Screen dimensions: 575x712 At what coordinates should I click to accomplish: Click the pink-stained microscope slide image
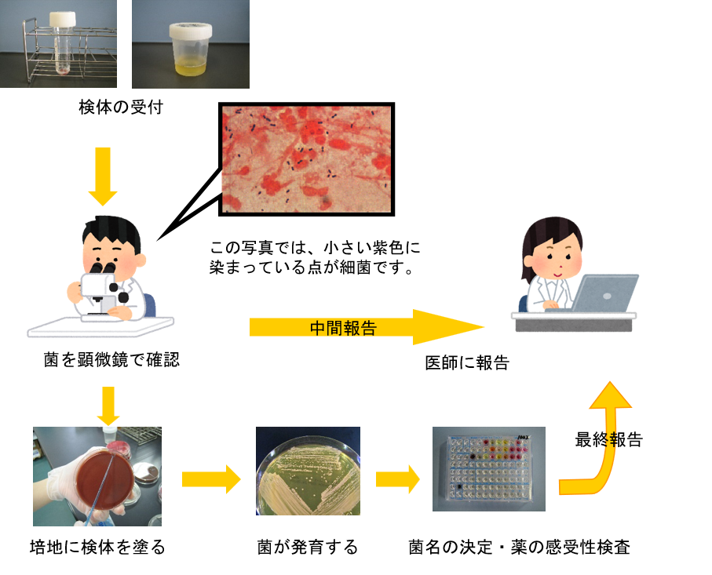tap(306, 159)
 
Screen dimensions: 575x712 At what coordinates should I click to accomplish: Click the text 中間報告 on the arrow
tap(343, 328)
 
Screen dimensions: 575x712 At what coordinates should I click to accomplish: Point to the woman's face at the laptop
tap(554, 253)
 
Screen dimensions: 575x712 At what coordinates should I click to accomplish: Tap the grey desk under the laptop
tap(573, 321)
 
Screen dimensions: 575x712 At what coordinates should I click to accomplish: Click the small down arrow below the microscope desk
tap(108, 406)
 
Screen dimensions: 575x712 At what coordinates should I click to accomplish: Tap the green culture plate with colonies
tap(308, 471)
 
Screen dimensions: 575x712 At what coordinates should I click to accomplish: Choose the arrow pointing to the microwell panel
tap(397, 479)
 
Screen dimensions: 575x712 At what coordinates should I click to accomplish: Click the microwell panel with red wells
tap(488, 469)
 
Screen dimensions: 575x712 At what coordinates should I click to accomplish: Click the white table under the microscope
tap(100, 327)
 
